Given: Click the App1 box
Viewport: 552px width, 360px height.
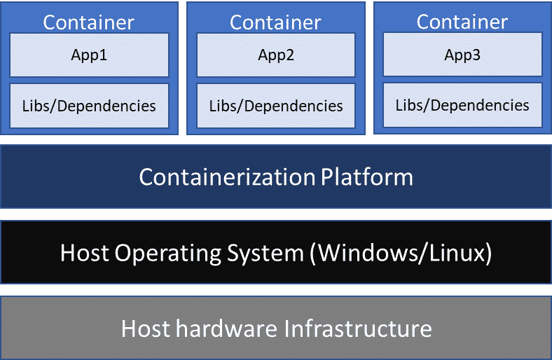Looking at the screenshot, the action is coord(89,55).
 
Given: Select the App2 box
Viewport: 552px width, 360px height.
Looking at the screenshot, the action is coord(276,55).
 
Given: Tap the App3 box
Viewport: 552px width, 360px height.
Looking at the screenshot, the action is coord(462,54).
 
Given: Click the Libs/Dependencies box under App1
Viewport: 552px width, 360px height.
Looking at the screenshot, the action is coord(89,106).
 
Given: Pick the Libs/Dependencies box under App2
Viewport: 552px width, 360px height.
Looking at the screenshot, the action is coord(276,106).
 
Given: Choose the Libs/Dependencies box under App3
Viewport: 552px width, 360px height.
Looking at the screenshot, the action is coord(462,105).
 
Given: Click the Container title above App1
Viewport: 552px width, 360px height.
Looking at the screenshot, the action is coord(89,22).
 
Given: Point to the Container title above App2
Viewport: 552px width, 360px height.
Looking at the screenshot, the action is coord(275,22).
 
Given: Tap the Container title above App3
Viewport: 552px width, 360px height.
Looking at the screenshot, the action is coord(462,22).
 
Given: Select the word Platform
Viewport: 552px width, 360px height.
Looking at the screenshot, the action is coord(367,176).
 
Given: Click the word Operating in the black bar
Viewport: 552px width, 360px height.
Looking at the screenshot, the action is coord(168,253).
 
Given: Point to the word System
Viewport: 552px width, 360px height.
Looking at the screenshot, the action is coord(265,254).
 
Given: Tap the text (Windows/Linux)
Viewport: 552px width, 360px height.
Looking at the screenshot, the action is coord(401,253).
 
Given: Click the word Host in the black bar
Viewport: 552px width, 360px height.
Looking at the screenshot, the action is coord(85,253).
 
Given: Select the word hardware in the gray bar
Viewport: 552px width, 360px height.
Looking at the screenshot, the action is coord(227,328).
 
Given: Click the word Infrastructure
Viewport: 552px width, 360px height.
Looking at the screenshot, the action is coord(358,328).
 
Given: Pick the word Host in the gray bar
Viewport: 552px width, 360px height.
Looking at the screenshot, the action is coord(146,328).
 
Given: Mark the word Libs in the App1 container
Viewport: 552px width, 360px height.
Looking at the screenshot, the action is coord(36,106).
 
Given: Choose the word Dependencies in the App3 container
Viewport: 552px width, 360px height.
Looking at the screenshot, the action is coord(480,106).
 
